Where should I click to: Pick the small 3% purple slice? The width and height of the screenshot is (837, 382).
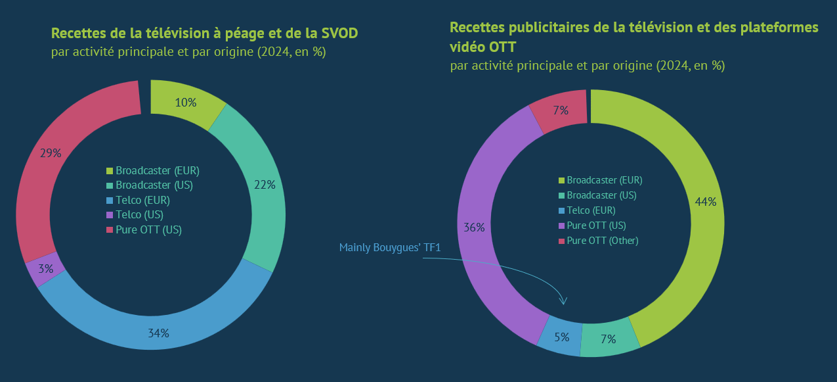45,270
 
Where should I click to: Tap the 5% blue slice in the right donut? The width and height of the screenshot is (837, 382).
561,337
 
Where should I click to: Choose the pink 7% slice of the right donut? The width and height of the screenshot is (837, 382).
559,110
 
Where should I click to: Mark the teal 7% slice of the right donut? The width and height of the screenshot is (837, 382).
609,339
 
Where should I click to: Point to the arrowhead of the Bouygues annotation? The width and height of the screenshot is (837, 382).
563,302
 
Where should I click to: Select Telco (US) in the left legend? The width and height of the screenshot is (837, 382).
139,214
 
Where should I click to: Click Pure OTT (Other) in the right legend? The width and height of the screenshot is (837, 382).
603,241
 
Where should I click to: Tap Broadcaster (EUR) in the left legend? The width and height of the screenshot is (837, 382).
157,170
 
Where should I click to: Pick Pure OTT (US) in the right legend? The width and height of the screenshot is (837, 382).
596,226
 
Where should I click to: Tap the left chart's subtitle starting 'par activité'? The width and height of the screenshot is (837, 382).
188,51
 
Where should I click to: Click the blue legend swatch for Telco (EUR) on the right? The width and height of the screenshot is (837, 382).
561,211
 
